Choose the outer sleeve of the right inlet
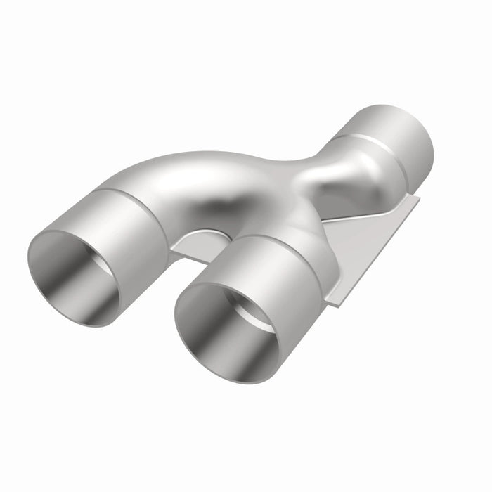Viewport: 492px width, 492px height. (x=281, y=281)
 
